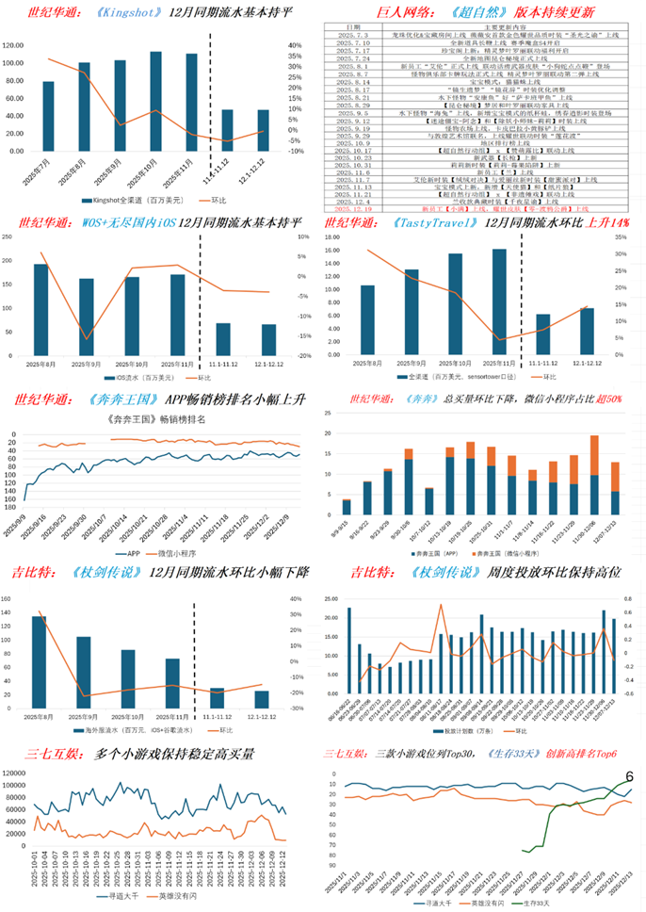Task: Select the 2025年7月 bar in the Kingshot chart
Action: [x=48, y=116]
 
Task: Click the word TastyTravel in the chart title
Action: [x=455, y=222]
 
